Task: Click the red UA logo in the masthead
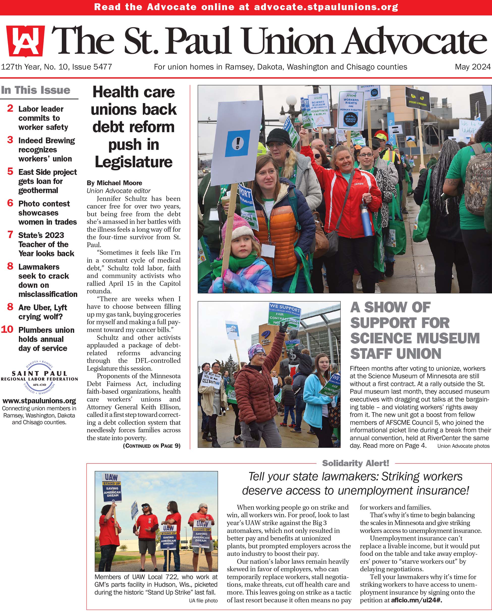[x=25, y=41]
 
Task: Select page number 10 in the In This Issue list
[x=7, y=329]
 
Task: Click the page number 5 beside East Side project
[x=10, y=172]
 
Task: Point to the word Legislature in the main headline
[x=133, y=162]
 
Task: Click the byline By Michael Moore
[x=114, y=183]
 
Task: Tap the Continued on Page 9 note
[x=152, y=445]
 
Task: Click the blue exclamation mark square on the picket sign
[x=238, y=143]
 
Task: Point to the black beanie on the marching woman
[x=278, y=136]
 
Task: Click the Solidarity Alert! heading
[x=356, y=463]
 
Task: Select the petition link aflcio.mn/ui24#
[x=416, y=600]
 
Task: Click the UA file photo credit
[x=203, y=600]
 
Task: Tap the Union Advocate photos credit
[x=463, y=446]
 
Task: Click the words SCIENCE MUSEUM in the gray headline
[x=415, y=338]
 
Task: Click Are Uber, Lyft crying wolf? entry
[x=43, y=312]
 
